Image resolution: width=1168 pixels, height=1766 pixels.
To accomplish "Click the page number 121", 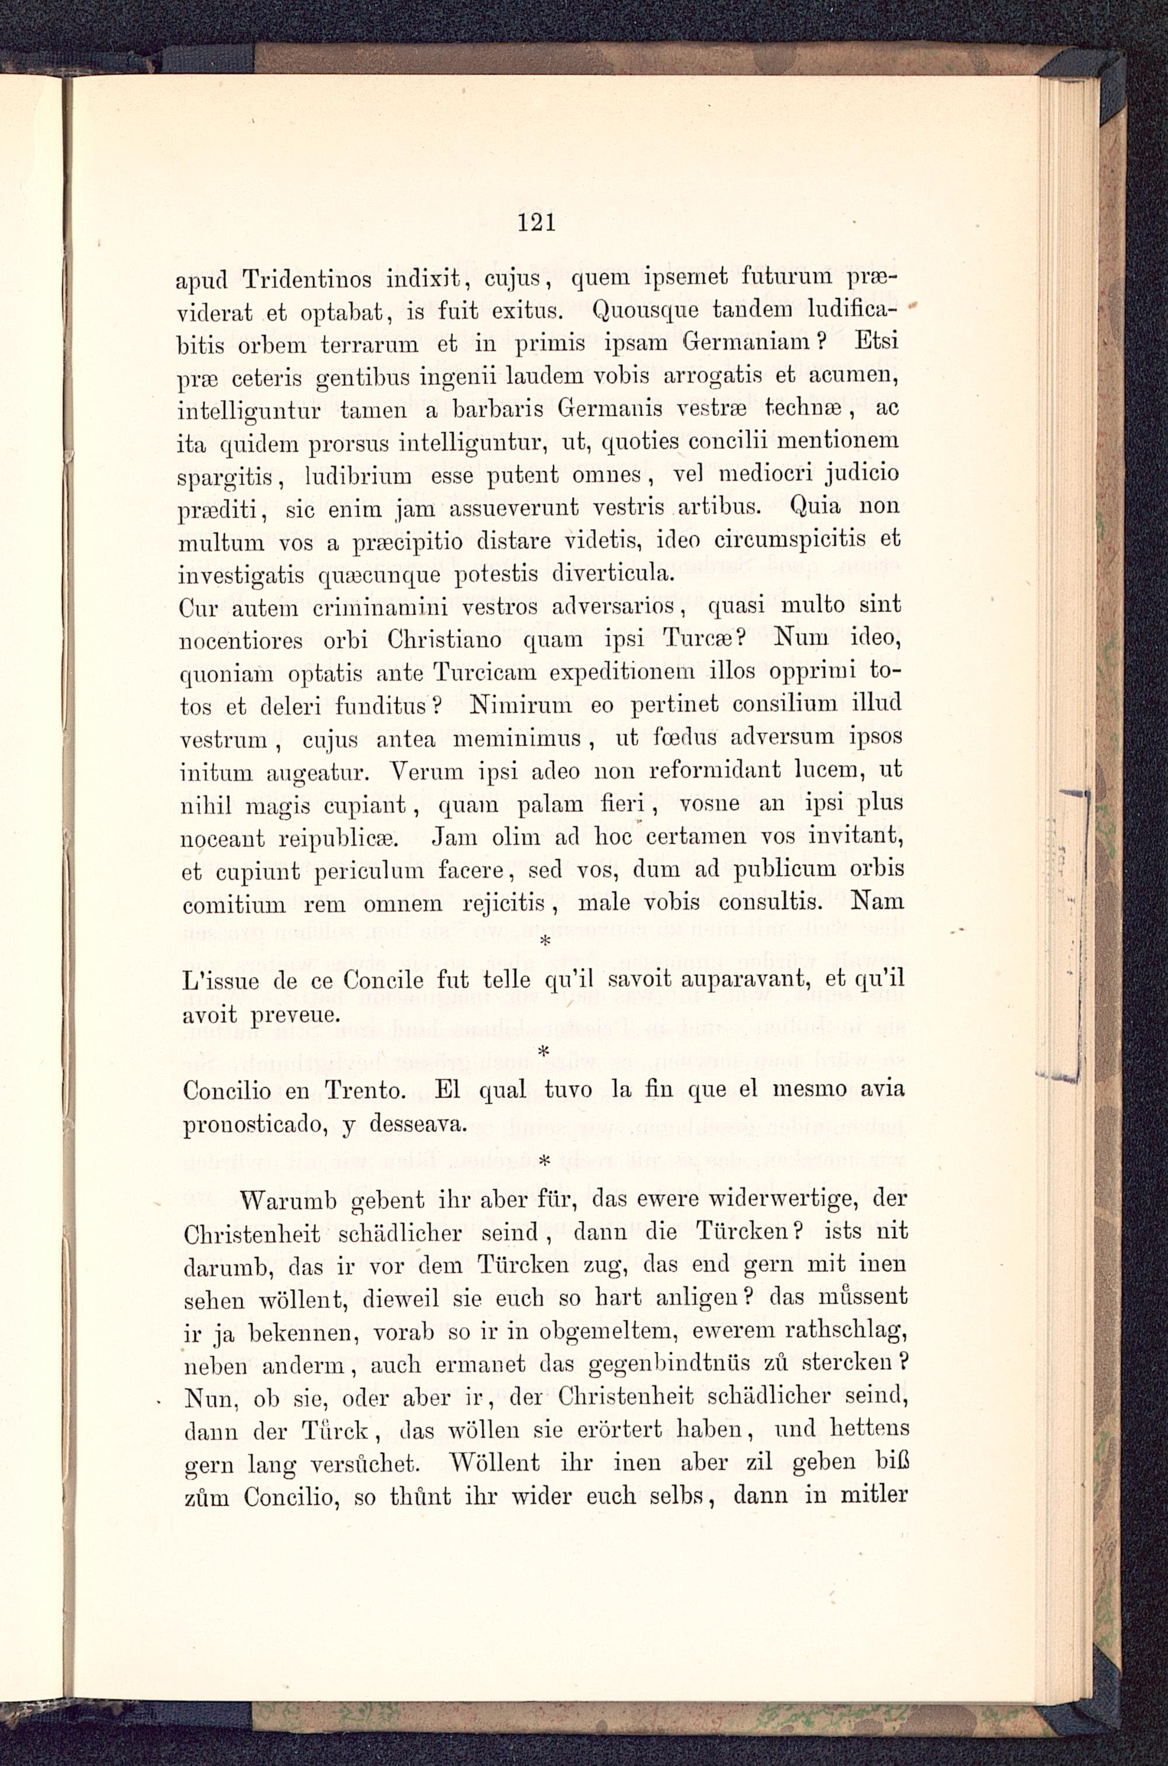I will pos(536,222).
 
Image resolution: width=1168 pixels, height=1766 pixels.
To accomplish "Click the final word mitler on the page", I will pos(874,1494).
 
